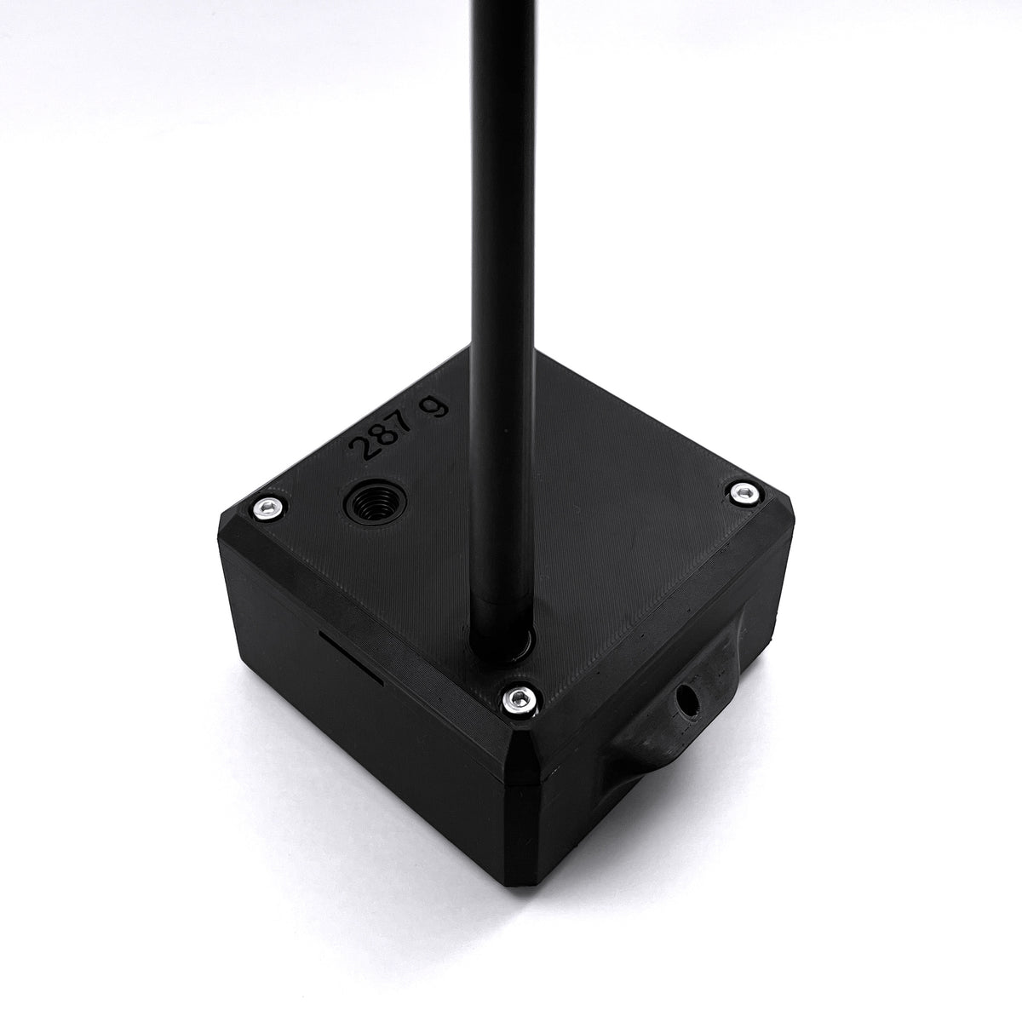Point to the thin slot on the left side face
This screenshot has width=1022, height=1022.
351,657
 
